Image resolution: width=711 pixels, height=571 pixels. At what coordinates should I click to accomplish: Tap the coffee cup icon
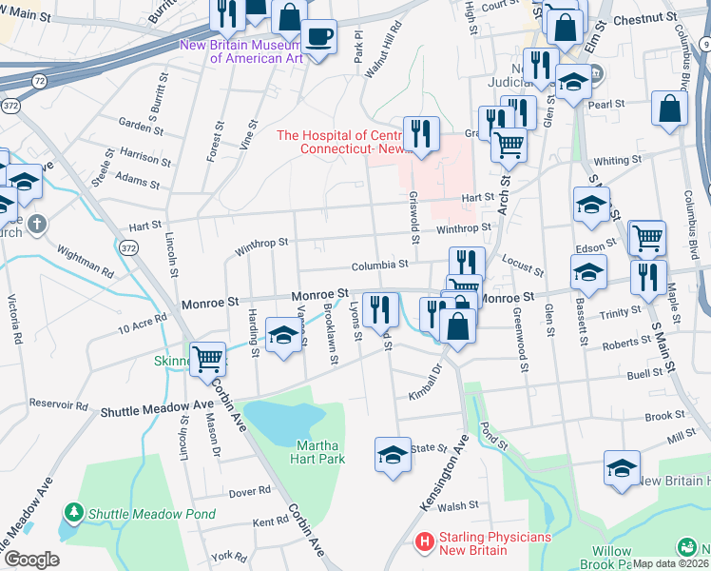pos(319,38)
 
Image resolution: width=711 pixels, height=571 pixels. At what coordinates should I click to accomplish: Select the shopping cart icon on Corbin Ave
pos(206,359)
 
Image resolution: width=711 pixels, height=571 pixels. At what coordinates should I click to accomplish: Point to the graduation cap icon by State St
pos(393,455)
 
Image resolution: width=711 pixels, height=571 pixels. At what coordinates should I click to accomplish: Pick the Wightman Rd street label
pos(86,258)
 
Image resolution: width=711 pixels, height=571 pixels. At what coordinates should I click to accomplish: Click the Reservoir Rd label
pos(60,405)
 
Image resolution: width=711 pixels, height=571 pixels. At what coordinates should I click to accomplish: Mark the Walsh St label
pos(456,507)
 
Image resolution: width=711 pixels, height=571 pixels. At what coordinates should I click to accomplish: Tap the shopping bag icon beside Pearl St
pos(669,108)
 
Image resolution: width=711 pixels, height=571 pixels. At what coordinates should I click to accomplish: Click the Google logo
pos(31,560)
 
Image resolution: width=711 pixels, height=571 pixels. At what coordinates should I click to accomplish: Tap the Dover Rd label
pos(250,492)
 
